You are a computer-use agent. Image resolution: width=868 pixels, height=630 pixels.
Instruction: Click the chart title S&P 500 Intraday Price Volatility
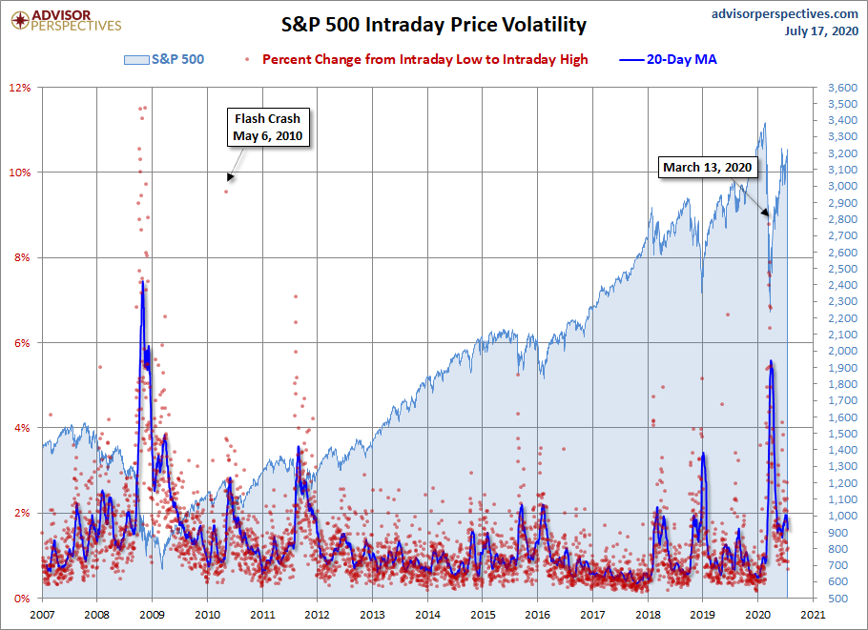pos(433,25)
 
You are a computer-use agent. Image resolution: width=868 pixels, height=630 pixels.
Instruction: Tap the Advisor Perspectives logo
pos(64,20)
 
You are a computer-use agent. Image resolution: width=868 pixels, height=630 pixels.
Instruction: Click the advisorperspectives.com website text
pos(772,13)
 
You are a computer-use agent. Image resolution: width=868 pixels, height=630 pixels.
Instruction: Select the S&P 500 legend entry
pos(164,60)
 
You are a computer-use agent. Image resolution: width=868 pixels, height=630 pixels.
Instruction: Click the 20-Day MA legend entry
pos(669,60)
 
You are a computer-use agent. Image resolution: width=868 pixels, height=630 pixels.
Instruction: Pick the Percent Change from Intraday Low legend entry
pos(419,60)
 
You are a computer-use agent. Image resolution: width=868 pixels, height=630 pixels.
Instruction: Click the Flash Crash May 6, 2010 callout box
pos(267,128)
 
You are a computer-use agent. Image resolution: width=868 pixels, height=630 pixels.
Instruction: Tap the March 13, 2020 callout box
pos(708,168)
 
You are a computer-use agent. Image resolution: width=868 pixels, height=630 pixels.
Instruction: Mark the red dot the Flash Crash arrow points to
pos(226,192)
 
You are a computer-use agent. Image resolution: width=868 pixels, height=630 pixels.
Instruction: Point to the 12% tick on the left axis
pos(21,88)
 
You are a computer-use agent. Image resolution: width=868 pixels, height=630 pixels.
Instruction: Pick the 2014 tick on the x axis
pos(428,616)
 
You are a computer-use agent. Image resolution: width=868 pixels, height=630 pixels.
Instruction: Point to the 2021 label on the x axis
pos(813,616)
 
